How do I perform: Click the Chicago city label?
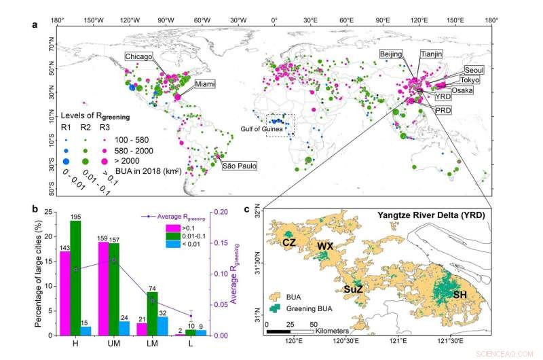(138, 57)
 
